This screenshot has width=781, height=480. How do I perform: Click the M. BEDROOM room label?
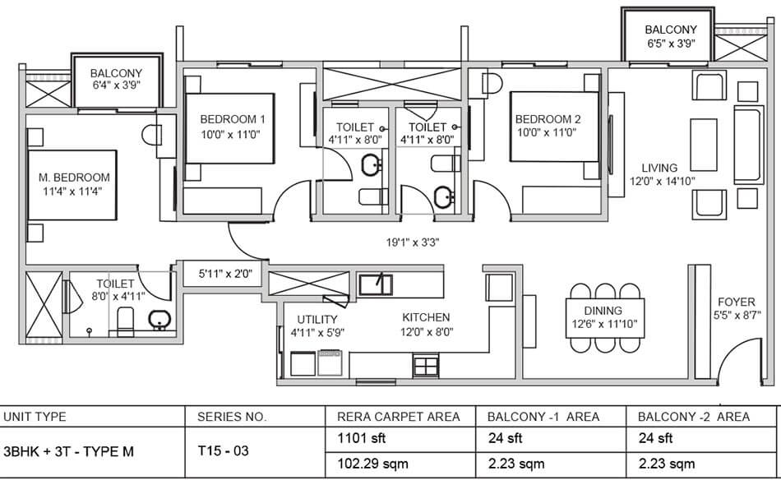tap(74, 178)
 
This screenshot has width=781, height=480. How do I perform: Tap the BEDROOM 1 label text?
tap(233, 119)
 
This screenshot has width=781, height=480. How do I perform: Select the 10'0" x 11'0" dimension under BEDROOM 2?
tap(547, 132)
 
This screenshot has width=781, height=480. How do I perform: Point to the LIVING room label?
tap(659, 168)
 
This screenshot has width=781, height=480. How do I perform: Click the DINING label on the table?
tap(603, 311)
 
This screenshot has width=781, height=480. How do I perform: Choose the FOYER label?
tap(736, 302)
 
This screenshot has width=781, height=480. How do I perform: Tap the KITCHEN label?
tap(426, 317)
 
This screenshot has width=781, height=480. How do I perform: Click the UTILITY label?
tap(317, 319)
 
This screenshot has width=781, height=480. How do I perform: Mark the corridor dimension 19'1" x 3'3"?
tap(413, 242)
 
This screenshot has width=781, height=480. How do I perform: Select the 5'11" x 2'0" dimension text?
tap(225, 274)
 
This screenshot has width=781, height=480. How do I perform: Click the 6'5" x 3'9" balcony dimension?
tap(671, 44)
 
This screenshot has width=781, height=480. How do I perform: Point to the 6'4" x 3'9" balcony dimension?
tap(116, 85)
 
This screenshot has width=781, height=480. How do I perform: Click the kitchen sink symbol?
tap(376, 284)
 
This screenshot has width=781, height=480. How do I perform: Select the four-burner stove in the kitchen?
tap(426, 366)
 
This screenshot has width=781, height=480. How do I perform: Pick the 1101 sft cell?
tap(362, 438)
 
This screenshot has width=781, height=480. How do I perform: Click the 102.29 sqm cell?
tap(373, 464)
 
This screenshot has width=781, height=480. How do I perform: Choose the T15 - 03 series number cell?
tap(223, 451)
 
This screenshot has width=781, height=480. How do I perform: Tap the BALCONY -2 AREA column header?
tap(694, 417)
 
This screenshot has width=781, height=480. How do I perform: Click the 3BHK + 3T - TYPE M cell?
tap(69, 452)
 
